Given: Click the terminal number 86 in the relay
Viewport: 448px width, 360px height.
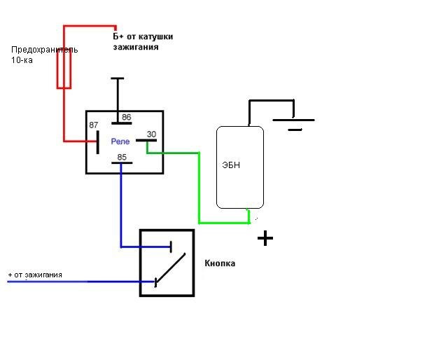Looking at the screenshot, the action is [x=126, y=117].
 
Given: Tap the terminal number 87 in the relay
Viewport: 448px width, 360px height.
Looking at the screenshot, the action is [x=93, y=125].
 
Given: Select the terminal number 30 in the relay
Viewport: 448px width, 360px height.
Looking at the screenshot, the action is [x=151, y=134].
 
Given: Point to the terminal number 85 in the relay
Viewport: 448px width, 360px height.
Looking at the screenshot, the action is [x=122, y=157].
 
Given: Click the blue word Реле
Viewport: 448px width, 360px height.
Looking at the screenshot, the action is [x=120, y=141].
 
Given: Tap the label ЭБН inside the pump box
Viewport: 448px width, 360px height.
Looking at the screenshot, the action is [x=231, y=165].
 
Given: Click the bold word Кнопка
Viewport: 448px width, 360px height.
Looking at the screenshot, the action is [x=220, y=263].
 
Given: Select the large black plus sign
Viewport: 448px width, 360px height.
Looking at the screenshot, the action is [x=265, y=238].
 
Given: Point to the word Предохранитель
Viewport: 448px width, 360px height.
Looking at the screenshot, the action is [x=45, y=50].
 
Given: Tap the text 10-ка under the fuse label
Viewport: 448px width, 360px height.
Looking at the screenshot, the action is [x=22, y=60].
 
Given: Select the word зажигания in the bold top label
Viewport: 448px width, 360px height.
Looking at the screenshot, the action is [x=135, y=47].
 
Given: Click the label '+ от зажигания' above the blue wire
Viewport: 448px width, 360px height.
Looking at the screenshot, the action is [x=35, y=275].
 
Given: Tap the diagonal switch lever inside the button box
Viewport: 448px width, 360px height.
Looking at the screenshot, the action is [x=170, y=268].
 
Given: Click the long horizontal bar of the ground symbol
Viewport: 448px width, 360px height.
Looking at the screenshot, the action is [x=294, y=120].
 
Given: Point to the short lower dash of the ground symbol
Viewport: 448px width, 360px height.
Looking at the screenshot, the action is [x=295, y=130].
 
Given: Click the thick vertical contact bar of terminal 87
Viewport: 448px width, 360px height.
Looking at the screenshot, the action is [x=98, y=142].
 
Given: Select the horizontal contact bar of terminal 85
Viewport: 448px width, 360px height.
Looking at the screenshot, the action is [x=122, y=162].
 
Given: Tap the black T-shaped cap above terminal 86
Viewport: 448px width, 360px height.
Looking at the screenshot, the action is [x=118, y=78].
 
